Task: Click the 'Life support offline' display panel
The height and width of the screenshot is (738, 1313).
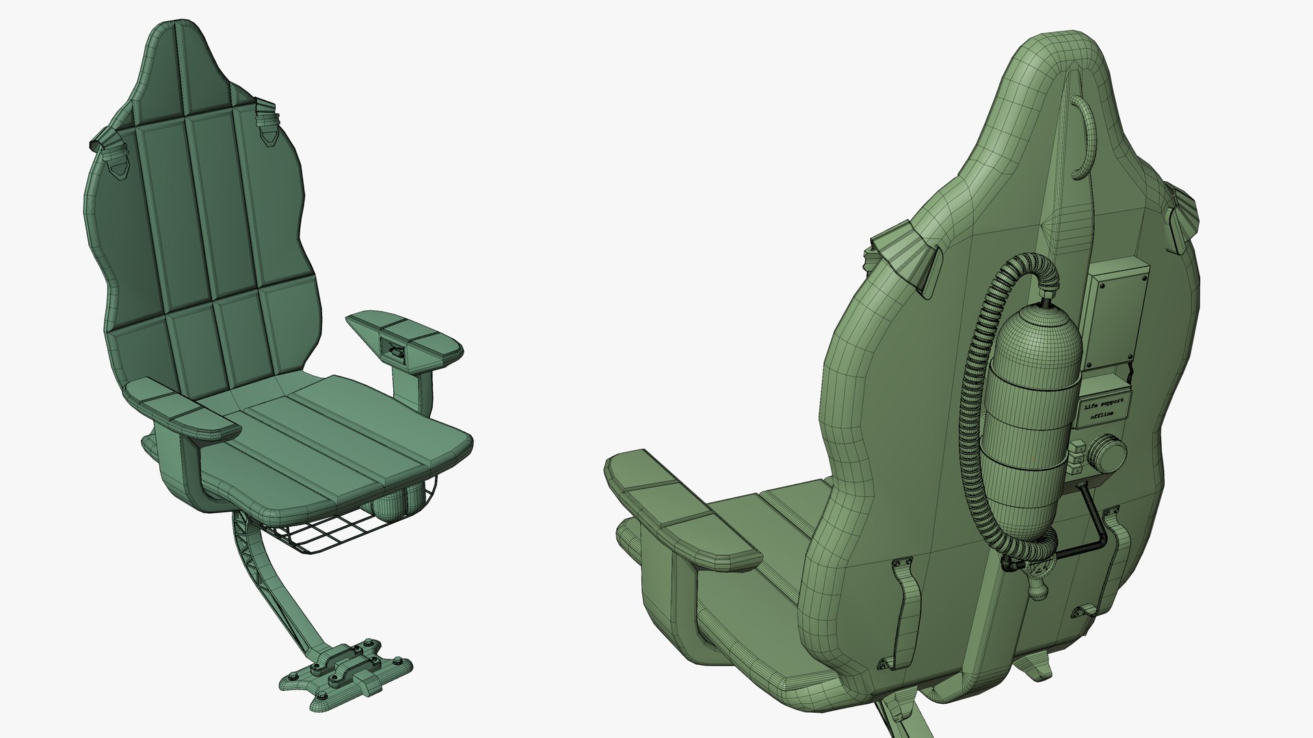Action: coord(1106,409)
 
